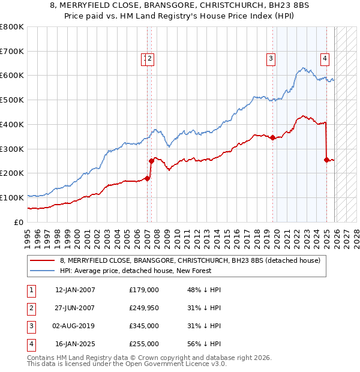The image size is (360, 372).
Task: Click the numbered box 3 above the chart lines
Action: click(271, 59)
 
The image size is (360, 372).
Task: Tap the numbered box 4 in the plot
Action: click(325, 59)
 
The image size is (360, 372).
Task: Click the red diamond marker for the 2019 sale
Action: click(272, 137)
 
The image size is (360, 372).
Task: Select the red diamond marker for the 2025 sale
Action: click(326, 160)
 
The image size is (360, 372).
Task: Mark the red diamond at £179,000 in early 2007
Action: click(147, 178)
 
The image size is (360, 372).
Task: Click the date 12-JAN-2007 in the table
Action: click(75, 290)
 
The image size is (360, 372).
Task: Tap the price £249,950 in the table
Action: click(144, 308)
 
